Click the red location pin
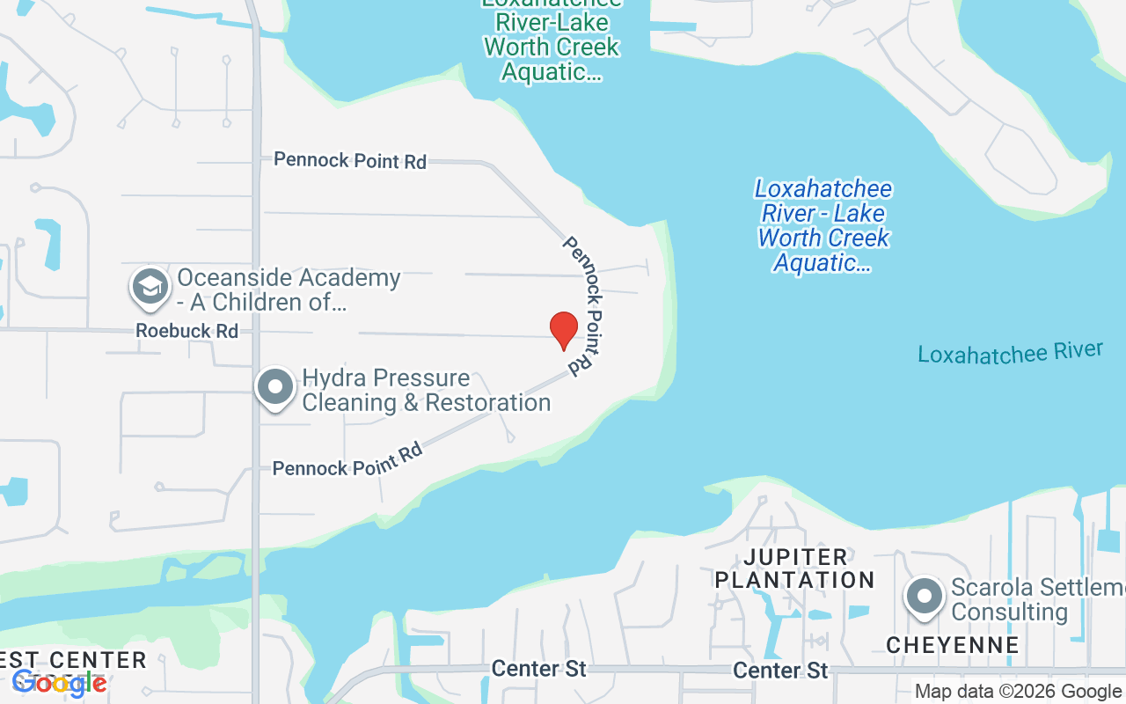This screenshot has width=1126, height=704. click(563, 330)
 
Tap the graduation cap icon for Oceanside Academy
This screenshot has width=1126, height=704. click(150, 288)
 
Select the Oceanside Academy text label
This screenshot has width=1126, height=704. click(289, 290)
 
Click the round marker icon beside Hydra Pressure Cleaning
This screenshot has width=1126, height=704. click(275, 387)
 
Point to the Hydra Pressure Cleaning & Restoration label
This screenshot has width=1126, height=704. click(426, 391)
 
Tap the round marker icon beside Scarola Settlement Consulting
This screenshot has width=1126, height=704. click(924, 597)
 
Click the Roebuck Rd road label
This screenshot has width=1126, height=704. click(186, 331)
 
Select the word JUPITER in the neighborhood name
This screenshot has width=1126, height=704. click(795, 557)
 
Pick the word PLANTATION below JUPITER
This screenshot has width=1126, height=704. click(794, 580)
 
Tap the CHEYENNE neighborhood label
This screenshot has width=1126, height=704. click(953, 645)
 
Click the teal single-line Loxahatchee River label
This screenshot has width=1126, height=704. click(1010, 352)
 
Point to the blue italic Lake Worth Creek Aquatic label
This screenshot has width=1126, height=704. click(823, 225)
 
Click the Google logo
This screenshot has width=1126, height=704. click(60, 682)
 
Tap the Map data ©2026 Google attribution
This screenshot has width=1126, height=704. click(1018, 692)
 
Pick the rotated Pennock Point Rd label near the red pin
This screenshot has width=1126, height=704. click(586, 306)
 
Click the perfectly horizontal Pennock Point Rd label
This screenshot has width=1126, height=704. click(350, 160)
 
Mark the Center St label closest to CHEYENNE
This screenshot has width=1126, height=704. click(781, 671)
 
